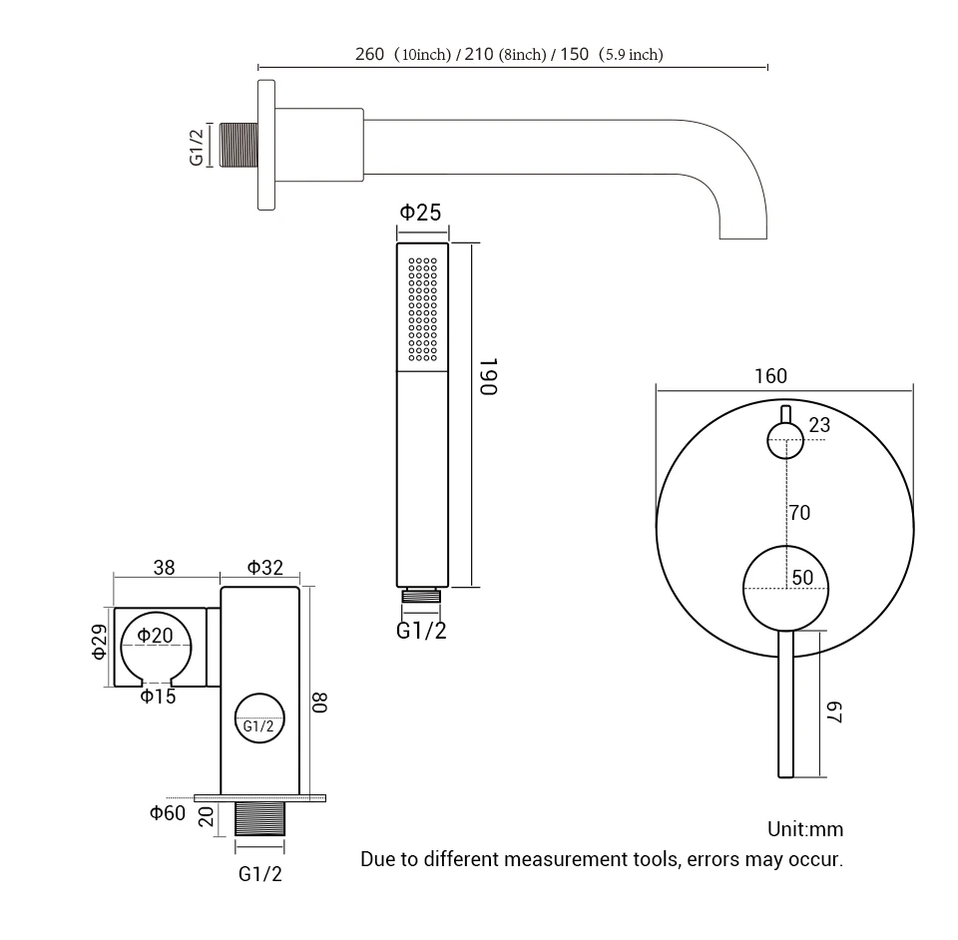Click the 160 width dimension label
coord(770,376)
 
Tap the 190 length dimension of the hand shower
coord(487,376)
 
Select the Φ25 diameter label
coord(420,212)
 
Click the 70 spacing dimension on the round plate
coord(799,513)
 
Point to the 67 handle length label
coord(835,712)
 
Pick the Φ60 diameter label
coord(168,812)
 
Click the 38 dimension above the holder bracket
coord(164,568)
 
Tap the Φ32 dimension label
coord(265,568)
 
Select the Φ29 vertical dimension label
coord(98,642)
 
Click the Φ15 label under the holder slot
coord(158,697)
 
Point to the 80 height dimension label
coord(319,702)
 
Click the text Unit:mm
coord(804,829)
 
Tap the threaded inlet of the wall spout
coord(238,145)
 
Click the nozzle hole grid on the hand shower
coord(423,309)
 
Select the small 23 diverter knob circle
coord(784,440)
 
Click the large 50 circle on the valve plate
coord(786,588)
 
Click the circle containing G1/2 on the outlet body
coord(258,718)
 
